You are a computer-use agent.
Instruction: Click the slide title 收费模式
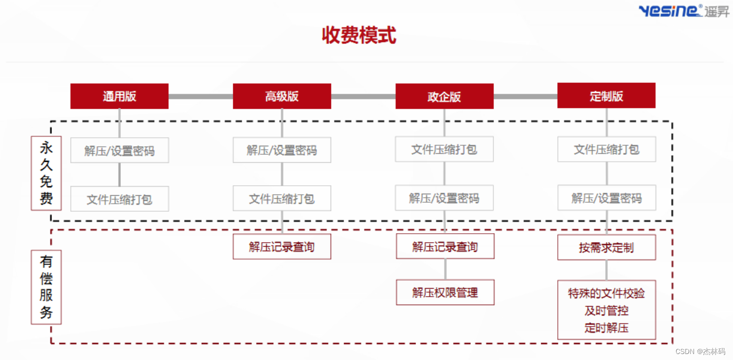click(x=359, y=36)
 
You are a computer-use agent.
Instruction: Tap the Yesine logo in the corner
click(x=684, y=10)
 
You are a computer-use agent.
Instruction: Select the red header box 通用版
click(x=119, y=96)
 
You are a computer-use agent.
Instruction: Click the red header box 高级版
click(x=282, y=96)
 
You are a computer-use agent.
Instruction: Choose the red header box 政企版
click(x=444, y=96)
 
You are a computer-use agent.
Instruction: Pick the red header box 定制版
click(x=606, y=95)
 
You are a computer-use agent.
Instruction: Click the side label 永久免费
click(x=46, y=173)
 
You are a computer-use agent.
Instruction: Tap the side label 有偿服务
click(x=46, y=287)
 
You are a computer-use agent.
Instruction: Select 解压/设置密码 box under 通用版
click(x=119, y=150)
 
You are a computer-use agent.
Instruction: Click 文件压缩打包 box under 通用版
click(x=119, y=199)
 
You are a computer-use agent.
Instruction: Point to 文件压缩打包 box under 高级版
click(x=282, y=199)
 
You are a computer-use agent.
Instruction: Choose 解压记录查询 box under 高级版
click(x=282, y=247)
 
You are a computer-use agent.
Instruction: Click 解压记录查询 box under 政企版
click(x=445, y=247)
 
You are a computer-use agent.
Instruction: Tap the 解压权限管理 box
click(x=445, y=293)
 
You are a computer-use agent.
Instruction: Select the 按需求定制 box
click(x=606, y=248)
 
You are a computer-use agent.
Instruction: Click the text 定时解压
click(x=606, y=328)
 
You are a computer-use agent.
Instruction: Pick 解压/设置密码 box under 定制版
click(x=606, y=198)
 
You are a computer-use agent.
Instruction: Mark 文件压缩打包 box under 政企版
click(x=444, y=149)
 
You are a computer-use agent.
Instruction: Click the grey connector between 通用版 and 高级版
click(x=201, y=96)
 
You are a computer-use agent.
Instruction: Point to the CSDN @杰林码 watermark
click(x=702, y=351)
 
